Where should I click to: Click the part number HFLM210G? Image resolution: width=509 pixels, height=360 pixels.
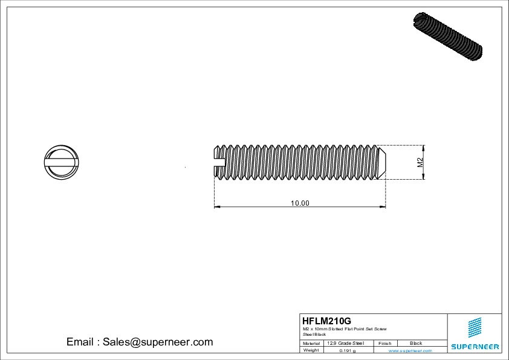pyautogui.click(x=326, y=321)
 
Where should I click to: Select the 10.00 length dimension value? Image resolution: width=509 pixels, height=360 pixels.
pyautogui.click(x=300, y=203)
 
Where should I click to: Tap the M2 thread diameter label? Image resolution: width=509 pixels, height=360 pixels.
pyautogui.click(x=420, y=162)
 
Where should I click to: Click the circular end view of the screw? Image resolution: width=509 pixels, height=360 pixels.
pyautogui.click(x=62, y=162)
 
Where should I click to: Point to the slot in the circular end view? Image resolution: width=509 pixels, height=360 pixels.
pyautogui.click(x=62, y=162)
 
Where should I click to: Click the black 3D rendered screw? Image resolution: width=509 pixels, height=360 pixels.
pyautogui.click(x=447, y=36)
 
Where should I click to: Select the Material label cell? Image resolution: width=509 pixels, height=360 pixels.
pyautogui.click(x=311, y=343)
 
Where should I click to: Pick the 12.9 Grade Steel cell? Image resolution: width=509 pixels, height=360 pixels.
pyautogui.click(x=345, y=343)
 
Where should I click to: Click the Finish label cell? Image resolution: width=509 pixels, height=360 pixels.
pyautogui.click(x=384, y=343)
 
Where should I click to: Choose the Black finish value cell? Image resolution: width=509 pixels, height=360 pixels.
pyautogui.click(x=416, y=343)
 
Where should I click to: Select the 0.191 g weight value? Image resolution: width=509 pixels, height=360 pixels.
pyautogui.click(x=348, y=350)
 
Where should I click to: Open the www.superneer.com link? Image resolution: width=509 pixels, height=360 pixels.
pyautogui.click(x=410, y=350)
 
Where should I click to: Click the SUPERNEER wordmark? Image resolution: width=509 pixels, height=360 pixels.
pyautogui.click(x=475, y=347)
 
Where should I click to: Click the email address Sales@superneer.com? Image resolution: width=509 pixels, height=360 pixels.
pyautogui.click(x=158, y=342)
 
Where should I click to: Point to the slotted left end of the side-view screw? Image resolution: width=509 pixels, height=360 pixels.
pyautogui.click(x=219, y=162)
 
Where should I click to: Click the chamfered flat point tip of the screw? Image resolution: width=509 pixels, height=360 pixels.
pyautogui.click(x=382, y=162)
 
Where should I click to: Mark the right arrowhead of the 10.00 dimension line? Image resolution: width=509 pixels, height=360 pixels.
pyautogui.click(x=383, y=208)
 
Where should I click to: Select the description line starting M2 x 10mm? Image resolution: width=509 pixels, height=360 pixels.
pyautogui.click(x=345, y=329)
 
